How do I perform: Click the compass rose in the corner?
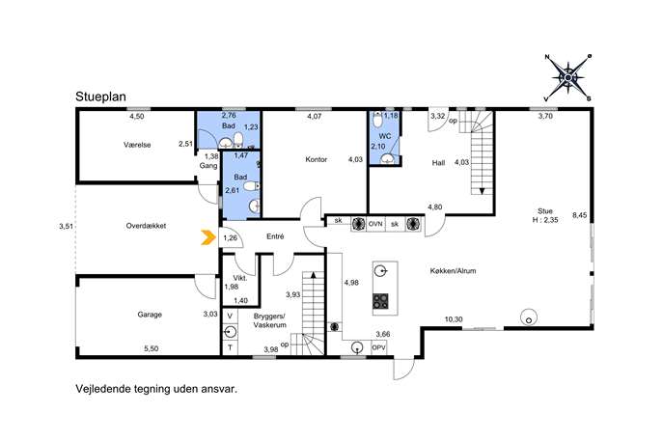(567, 78)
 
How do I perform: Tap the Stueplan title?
(100, 96)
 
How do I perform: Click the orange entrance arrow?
(207, 237)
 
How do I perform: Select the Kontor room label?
(316, 159)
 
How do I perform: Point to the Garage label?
(150, 315)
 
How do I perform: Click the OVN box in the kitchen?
(375, 224)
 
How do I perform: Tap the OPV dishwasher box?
(378, 347)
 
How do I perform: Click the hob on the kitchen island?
(380, 301)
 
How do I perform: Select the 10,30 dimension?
(454, 319)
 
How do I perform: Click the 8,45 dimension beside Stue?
(580, 215)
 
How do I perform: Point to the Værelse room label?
(137, 145)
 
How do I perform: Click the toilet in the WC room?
(378, 120)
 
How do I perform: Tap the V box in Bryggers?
(230, 316)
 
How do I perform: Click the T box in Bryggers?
(230, 347)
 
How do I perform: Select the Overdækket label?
(146, 226)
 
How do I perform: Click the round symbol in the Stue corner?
(529, 317)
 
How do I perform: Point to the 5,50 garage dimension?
(151, 348)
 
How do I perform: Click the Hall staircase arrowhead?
(482, 191)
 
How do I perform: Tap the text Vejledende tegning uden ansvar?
(156, 389)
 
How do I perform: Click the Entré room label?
(275, 236)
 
